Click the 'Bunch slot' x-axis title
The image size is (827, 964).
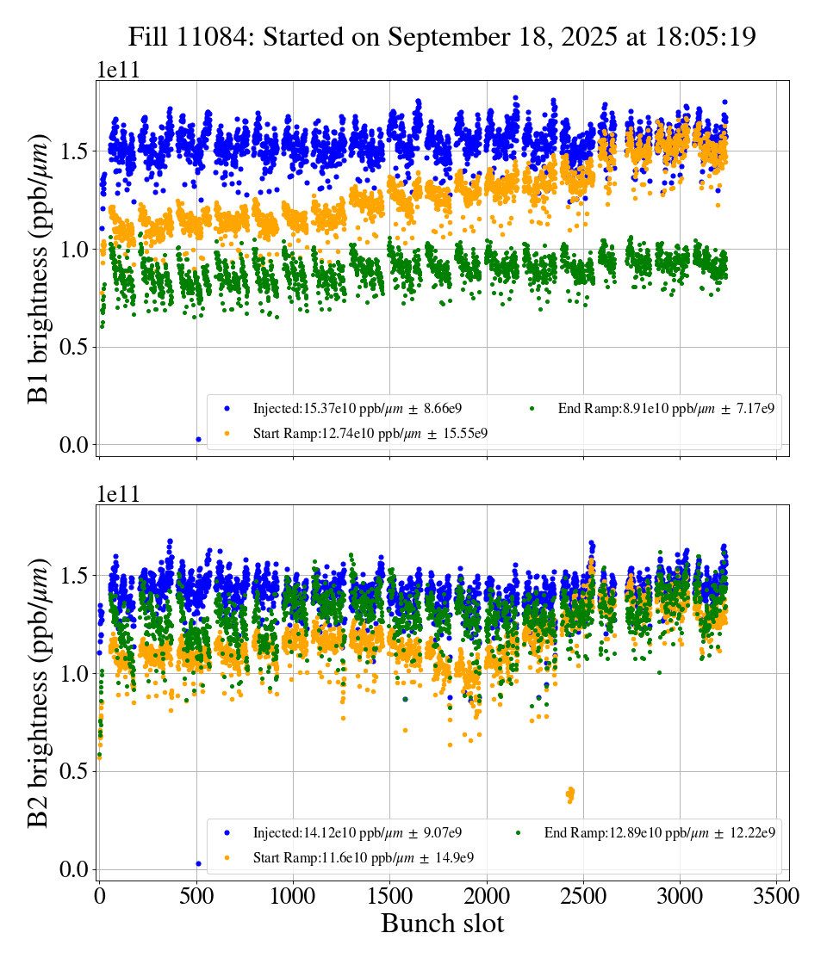442,924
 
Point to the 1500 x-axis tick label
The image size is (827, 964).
390,896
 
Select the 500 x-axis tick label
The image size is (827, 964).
196,896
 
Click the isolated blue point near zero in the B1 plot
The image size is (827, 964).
198,439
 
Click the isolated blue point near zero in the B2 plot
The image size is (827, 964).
198,863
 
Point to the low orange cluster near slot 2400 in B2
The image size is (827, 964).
569,794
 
